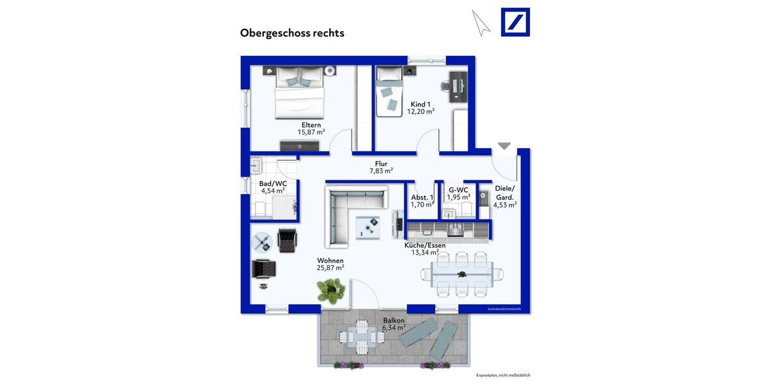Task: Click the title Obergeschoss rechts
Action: coord(292,33)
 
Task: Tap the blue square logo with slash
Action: coord(515,22)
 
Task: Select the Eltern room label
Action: coord(311,125)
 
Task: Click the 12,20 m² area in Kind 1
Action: coord(420,112)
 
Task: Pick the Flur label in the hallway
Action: coord(381,163)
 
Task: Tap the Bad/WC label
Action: coord(273,184)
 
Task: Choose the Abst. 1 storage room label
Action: coord(422,197)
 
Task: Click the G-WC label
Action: coord(458,190)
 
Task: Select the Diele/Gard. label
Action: coord(504,193)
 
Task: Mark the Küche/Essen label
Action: coord(424,245)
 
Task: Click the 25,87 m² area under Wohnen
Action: coord(330,268)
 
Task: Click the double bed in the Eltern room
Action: coord(299,94)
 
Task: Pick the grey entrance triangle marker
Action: coord(504,146)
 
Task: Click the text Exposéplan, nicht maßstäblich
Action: coord(502,375)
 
